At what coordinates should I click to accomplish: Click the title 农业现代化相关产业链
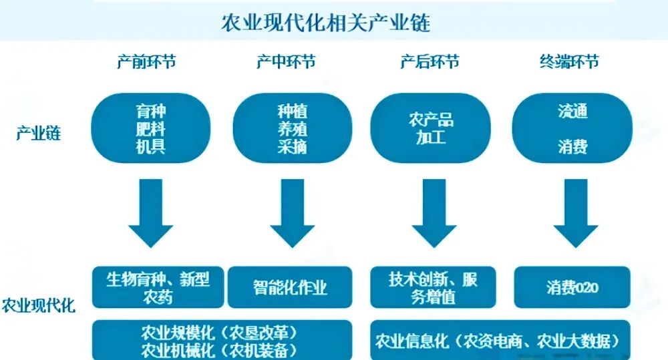click(325, 23)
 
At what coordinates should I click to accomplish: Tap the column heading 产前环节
click(146, 62)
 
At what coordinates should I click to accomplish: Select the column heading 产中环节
click(286, 62)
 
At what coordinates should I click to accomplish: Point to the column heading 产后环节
click(430, 62)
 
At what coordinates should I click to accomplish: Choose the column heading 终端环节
click(569, 62)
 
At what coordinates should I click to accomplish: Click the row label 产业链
click(38, 133)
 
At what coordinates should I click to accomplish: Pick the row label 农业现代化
click(38, 307)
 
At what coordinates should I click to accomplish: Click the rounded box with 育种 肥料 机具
click(150, 129)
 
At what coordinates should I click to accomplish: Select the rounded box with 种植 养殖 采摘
click(292, 129)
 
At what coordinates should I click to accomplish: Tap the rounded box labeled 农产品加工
click(431, 129)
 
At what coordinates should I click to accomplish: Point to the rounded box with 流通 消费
click(572, 129)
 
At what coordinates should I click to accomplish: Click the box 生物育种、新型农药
click(158, 288)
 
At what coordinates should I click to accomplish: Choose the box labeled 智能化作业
click(290, 288)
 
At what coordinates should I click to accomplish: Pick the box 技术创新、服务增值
click(434, 288)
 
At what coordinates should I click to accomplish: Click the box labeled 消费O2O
click(572, 288)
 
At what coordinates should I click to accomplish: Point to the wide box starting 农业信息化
click(500, 341)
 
